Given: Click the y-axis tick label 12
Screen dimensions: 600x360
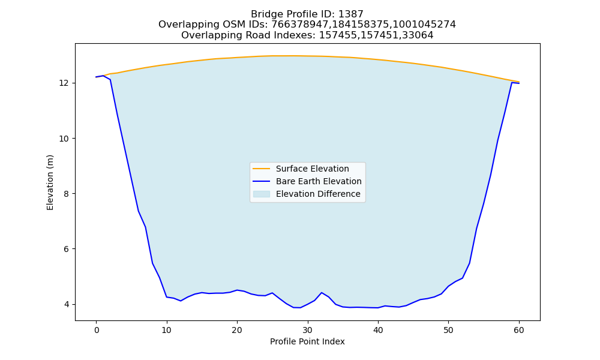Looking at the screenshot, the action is pyautogui.click(x=64, y=83).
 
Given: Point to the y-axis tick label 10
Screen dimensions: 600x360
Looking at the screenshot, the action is pyautogui.click(x=64, y=139).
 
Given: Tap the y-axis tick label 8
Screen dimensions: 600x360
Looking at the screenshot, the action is pyautogui.click(x=67, y=194).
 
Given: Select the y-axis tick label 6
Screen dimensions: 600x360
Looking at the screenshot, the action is pyautogui.click(x=67, y=249).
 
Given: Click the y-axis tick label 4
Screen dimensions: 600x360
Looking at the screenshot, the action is pyautogui.click(x=67, y=305).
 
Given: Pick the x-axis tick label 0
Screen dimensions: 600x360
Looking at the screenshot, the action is pyautogui.click(x=97, y=330).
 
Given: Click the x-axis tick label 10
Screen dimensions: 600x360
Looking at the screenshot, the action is pyautogui.click(x=166, y=330).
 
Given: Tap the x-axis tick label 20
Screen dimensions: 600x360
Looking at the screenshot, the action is pyautogui.click(x=237, y=330).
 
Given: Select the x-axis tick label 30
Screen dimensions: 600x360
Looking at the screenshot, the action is pyautogui.click(x=308, y=330).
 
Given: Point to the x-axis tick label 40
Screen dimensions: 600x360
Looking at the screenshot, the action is pyautogui.click(x=378, y=330).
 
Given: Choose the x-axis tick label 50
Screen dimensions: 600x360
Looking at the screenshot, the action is pyautogui.click(x=448, y=330).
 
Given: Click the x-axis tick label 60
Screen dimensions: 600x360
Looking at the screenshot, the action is pyautogui.click(x=519, y=330).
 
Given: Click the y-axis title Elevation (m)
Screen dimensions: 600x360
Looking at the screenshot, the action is pyautogui.click(x=50, y=182).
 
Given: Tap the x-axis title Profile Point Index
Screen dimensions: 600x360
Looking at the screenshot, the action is pyautogui.click(x=307, y=341).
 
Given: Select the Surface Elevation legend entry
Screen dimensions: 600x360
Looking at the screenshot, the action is pyautogui.click(x=301, y=169).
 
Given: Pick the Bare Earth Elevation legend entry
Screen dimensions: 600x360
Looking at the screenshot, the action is pyautogui.click(x=307, y=181).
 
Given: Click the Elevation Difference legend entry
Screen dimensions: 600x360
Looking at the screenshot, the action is pyautogui.click(x=307, y=194).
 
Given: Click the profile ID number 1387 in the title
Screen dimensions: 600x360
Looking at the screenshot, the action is pyautogui.click(x=350, y=14).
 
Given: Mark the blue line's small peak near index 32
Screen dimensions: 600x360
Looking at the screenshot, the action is pyautogui.click(x=322, y=293).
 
